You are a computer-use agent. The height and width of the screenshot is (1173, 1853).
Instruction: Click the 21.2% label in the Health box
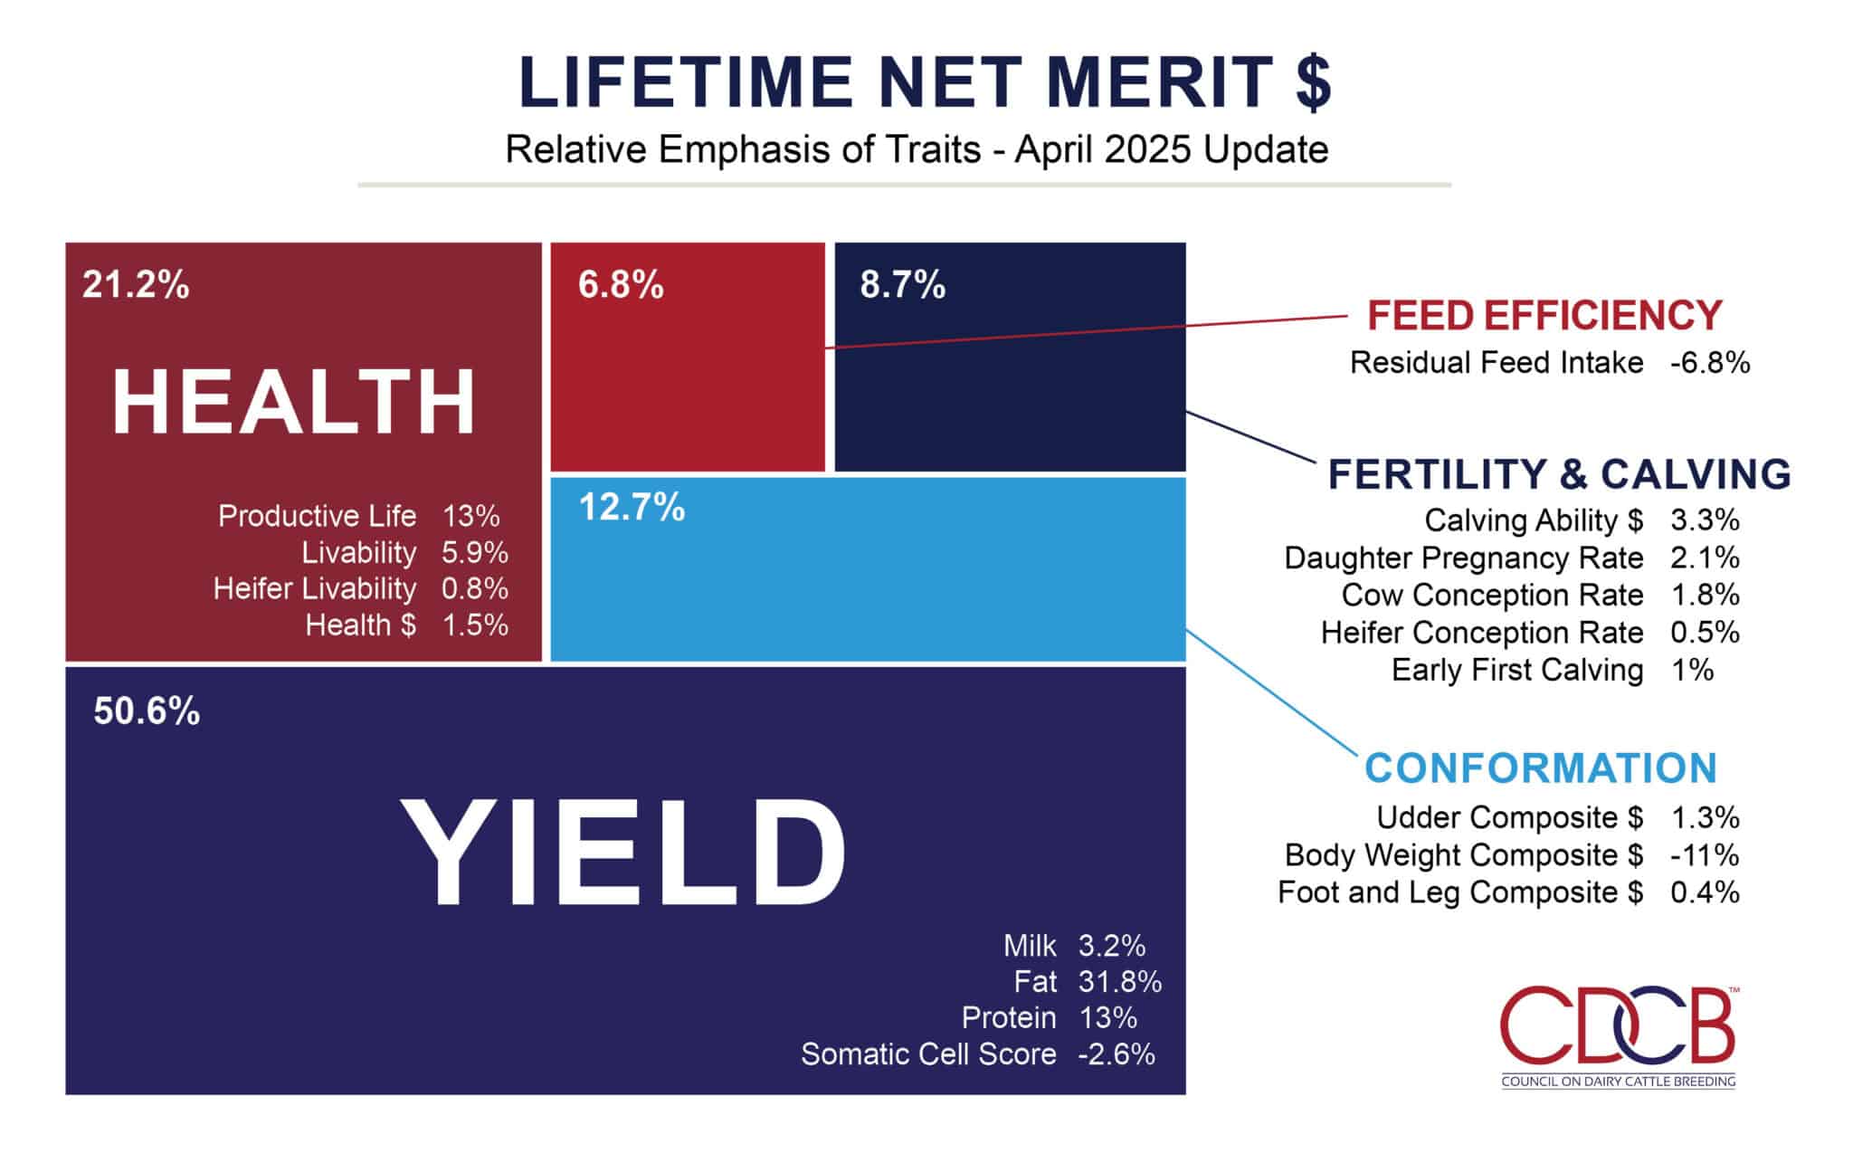coord(136,285)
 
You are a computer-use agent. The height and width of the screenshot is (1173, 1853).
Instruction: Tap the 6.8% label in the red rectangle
coord(621,285)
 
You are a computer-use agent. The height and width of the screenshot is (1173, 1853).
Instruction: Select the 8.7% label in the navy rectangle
coord(902,285)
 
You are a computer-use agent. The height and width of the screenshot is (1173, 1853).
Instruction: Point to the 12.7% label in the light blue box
coord(632,507)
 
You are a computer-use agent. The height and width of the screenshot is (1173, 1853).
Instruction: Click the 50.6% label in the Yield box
coord(147,711)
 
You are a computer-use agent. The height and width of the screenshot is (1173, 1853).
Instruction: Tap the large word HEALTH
coord(294,403)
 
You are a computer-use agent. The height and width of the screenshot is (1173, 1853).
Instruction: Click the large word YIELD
coord(623,853)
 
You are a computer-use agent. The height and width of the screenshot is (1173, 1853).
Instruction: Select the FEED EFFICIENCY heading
coord(1544,316)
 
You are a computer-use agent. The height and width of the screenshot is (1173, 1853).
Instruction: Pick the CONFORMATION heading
coord(1540,768)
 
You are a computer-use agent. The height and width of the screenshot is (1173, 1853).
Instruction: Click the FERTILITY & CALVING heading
coord(1559,474)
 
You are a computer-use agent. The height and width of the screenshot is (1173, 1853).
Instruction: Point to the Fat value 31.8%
coord(1119,982)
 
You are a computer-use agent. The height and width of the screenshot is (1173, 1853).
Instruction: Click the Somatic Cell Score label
coord(928,1054)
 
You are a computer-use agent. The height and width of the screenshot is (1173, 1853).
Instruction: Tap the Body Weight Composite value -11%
coord(1705,855)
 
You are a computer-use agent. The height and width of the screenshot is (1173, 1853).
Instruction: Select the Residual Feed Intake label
coord(1497,363)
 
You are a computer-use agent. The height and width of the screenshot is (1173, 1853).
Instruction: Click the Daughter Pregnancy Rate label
coord(1463,558)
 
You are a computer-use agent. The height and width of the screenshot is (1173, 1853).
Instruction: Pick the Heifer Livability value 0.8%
coord(474,589)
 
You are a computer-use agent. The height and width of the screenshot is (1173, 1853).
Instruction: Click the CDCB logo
coord(1618,1036)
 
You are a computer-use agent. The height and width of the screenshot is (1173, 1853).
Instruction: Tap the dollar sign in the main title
coord(1312,83)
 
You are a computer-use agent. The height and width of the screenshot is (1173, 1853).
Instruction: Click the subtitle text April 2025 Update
coord(1171,149)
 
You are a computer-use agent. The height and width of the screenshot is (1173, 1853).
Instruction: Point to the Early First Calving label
coord(1516,671)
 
